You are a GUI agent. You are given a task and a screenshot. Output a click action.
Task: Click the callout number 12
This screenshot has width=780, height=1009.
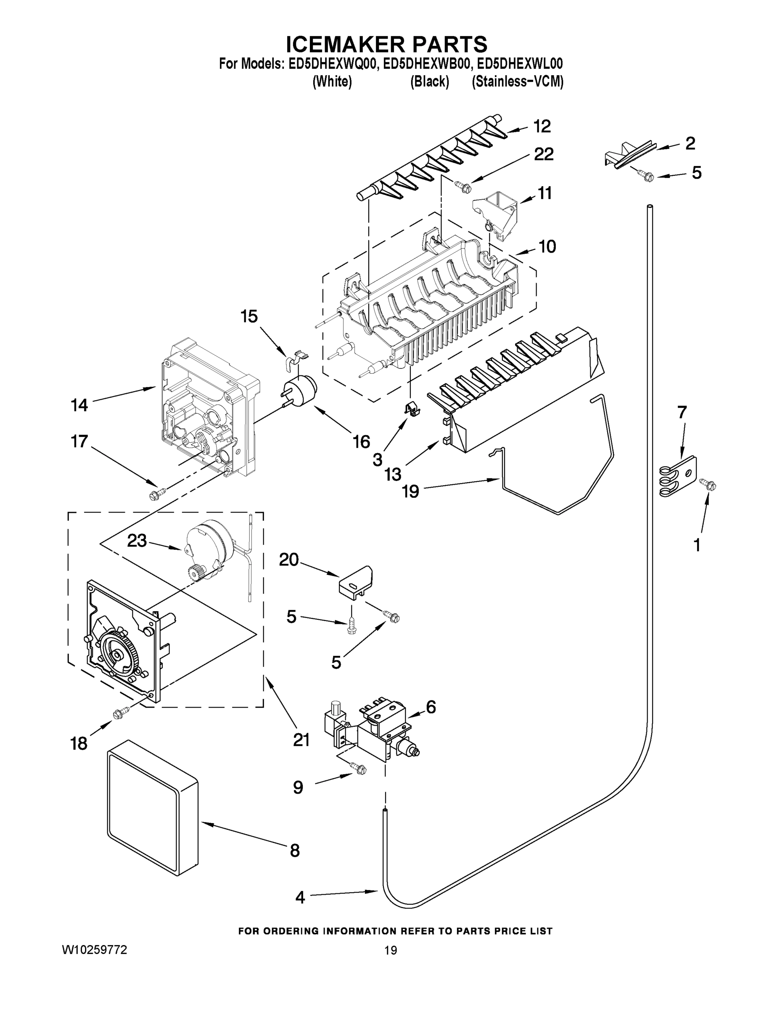pyautogui.click(x=542, y=126)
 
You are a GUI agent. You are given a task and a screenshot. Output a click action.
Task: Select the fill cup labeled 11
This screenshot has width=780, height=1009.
pyautogui.click(x=495, y=215)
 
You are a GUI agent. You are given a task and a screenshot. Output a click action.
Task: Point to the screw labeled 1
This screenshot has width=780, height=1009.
pyautogui.click(x=709, y=484)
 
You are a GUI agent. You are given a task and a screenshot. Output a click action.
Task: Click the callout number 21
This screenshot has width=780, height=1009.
pyautogui.click(x=301, y=740)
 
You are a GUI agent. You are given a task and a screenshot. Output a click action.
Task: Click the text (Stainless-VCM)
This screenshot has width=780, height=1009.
pyautogui.click(x=517, y=82)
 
